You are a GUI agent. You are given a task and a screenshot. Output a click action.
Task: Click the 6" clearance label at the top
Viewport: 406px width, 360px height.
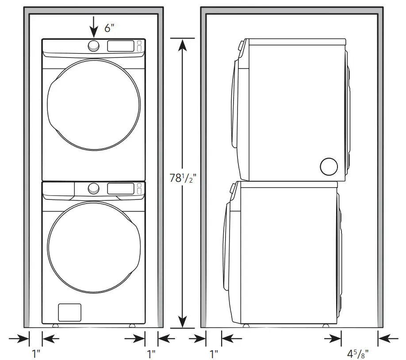(x=109, y=27)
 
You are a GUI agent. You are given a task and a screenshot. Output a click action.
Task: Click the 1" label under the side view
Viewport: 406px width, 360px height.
(x=214, y=354)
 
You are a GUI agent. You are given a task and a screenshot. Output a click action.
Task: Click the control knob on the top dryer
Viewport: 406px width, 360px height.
(x=93, y=46)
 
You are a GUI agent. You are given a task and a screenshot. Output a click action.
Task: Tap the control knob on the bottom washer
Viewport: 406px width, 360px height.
(x=93, y=188)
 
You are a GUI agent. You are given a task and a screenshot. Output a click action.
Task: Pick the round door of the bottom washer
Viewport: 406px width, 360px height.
(x=94, y=247)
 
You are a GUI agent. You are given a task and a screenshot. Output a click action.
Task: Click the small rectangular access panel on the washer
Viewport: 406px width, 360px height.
(x=69, y=313)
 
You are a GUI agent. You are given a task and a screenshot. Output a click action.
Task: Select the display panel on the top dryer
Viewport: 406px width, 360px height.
(x=120, y=46)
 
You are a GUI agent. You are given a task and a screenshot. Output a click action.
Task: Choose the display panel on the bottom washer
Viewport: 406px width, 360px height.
(x=120, y=189)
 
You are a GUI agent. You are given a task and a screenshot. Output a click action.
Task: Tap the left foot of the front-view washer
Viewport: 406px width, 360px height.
(x=55, y=326)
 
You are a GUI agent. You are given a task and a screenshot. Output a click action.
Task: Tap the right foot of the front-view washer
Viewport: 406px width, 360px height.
(x=132, y=326)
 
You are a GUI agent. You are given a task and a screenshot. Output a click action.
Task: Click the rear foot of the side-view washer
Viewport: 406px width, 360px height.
(x=326, y=326)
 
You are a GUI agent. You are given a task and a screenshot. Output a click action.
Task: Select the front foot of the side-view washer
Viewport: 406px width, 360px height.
(x=245, y=326)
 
